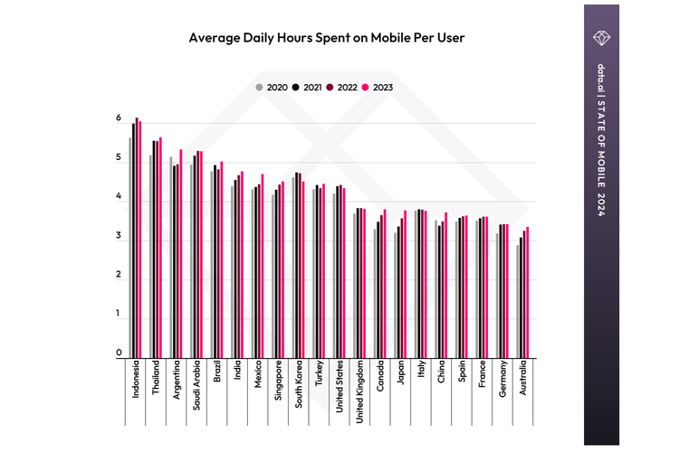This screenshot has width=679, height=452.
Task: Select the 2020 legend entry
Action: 274,88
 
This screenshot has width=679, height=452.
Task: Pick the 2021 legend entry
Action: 310,88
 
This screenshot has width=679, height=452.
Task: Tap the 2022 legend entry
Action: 344,88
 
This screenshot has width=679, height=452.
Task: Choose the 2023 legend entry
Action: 379,88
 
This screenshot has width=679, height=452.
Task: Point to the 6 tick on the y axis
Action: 119,119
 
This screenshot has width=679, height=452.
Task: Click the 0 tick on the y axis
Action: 119,353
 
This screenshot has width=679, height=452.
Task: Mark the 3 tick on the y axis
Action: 119,237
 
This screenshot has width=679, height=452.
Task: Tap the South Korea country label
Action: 298,387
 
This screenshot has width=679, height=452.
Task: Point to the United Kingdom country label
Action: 359,392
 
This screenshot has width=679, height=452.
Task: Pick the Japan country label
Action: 400,375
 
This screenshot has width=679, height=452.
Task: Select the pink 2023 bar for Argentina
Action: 180,253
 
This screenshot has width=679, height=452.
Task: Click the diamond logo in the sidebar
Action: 602,36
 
